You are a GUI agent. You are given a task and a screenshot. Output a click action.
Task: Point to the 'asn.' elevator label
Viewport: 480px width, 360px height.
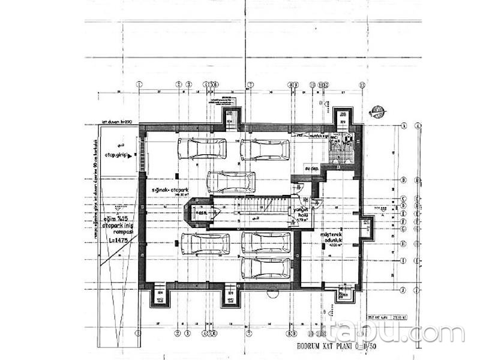(x=203, y=212)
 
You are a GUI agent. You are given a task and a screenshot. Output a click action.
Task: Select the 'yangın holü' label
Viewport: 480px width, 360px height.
(x=301, y=212)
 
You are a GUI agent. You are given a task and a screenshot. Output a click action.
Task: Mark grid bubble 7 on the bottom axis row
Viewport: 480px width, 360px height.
(x=248, y=332)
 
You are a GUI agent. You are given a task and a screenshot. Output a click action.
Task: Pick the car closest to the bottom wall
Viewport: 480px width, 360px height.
(x=265, y=268)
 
